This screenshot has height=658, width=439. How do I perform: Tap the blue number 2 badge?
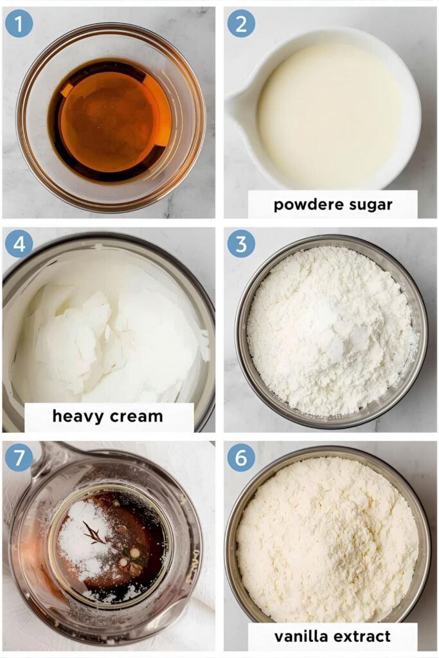(x=241, y=23)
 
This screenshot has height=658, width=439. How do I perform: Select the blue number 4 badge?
(x=19, y=244)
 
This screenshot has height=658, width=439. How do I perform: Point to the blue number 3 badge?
(x=241, y=244)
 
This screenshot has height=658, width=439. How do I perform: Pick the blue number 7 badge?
(x=19, y=458)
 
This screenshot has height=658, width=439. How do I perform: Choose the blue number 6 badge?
(x=241, y=458)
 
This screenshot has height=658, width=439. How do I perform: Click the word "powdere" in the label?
(x=301, y=205)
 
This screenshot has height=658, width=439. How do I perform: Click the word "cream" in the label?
(x=136, y=416)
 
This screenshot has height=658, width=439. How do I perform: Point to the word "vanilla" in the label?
(x=301, y=637)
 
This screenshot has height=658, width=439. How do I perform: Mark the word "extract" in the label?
(x=363, y=637)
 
